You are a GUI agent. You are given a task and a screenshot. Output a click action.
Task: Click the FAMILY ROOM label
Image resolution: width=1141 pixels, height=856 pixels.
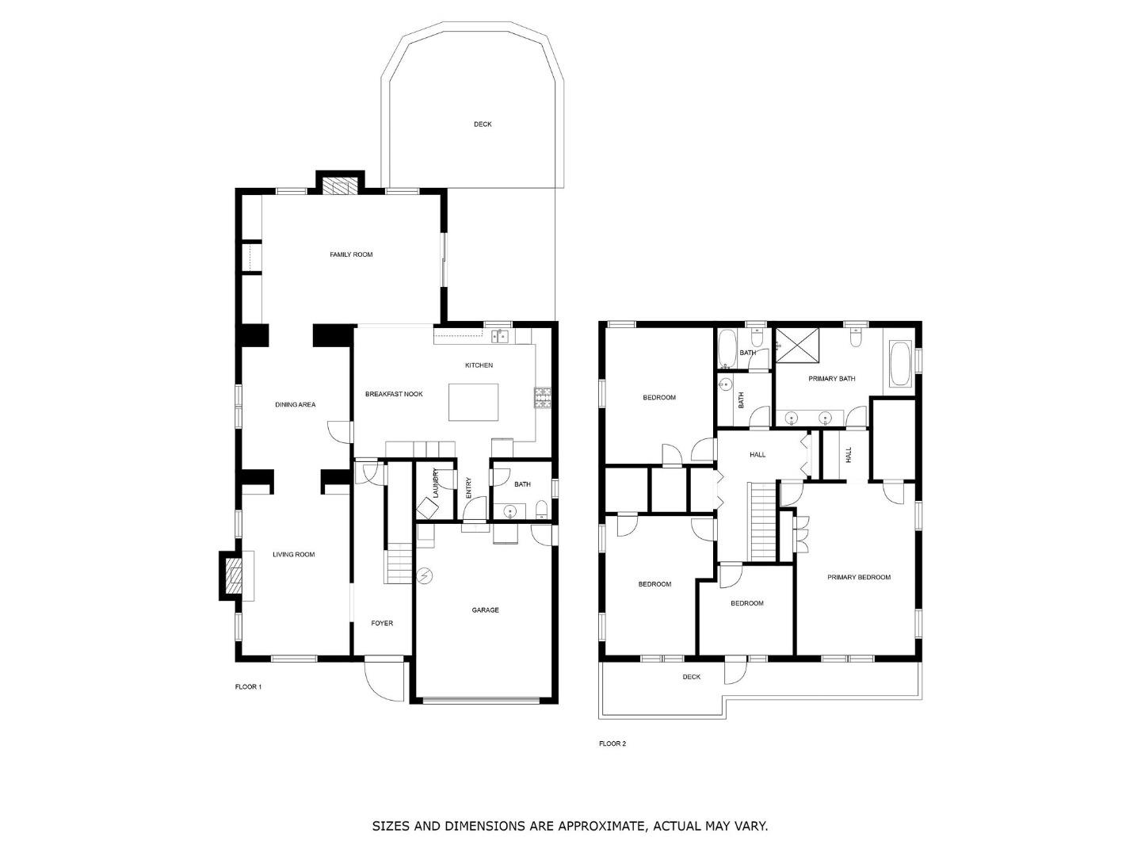pyautogui.click(x=351, y=254)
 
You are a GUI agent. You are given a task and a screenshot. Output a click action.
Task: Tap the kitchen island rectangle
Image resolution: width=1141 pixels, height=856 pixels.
pyautogui.click(x=473, y=402)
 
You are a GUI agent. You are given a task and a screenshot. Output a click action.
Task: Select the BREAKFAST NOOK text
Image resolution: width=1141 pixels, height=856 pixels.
pyautogui.click(x=394, y=394)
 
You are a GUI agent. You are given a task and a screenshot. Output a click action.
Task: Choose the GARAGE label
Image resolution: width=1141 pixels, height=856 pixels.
pyautogui.click(x=485, y=610)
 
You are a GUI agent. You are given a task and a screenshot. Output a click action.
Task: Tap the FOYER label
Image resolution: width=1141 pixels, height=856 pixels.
pyautogui.click(x=382, y=623)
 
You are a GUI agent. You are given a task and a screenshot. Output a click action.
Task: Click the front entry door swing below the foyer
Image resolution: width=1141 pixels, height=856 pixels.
pyautogui.click(x=384, y=680)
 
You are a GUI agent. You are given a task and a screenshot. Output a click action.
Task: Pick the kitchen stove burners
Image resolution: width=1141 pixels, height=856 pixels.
pyautogui.click(x=542, y=398)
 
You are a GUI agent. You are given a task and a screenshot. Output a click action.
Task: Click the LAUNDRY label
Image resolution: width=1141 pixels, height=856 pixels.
pyautogui.click(x=436, y=483)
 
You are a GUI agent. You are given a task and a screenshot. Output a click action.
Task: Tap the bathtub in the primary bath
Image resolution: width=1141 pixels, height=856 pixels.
pyautogui.click(x=900, y=363)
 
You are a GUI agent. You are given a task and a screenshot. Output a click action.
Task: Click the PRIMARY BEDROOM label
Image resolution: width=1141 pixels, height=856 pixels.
pyautogui.click(x=859, y=577)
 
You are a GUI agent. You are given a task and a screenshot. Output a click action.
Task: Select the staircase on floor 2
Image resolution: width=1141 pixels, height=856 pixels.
pyautogui.click(x=762, y=522)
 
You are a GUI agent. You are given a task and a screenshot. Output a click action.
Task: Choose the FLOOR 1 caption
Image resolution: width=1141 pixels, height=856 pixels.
pyautogui.click(x=248, y=686)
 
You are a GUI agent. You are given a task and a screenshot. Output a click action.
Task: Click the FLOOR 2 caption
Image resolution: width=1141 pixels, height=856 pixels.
pyautogui.click(x=612, y=743)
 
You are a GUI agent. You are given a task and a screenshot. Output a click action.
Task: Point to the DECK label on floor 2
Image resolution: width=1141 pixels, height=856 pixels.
pyautogui.click(x=692, y=677)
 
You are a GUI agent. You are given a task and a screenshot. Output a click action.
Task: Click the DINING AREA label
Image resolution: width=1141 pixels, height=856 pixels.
pyautogui.click(x=296, y=404)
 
